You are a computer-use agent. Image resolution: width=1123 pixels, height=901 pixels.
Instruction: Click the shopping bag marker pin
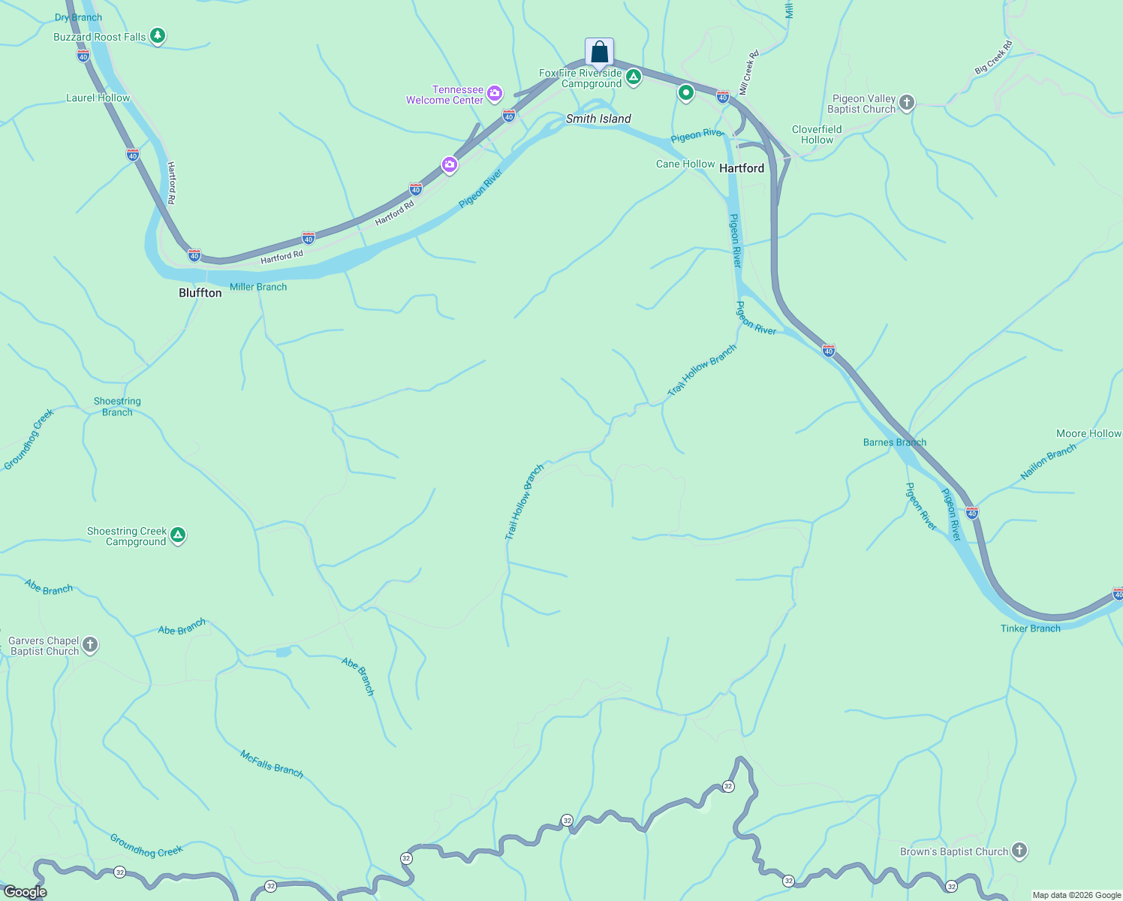coord(599,52)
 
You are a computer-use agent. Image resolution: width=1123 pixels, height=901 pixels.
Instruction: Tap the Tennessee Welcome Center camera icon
coord(495,94)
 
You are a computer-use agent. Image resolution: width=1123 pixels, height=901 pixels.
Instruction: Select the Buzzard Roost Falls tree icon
coord(157,36)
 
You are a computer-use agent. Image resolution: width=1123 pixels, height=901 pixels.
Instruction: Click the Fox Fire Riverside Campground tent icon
coord(634,77)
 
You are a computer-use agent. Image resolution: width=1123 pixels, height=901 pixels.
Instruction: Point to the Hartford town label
coord(741,168)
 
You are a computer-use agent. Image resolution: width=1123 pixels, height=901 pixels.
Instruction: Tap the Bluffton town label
coord(200,293)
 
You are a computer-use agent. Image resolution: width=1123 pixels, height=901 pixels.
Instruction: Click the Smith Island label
coord(598,119)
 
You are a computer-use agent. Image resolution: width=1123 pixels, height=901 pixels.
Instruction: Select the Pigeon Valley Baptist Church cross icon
coord(907,103)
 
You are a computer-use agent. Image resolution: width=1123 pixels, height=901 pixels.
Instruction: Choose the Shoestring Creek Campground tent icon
coord(178,535)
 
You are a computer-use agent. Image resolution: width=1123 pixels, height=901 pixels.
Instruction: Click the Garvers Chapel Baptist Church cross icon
coord(90,645)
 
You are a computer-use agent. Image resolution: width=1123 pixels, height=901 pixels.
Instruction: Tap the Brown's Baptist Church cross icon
coord(1019,851)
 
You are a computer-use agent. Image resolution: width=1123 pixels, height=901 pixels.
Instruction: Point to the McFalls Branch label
coord(272,764)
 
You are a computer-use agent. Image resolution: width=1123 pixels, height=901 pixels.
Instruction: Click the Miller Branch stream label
coord(258,287)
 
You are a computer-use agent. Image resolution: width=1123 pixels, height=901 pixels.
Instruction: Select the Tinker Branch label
coord(1030,628)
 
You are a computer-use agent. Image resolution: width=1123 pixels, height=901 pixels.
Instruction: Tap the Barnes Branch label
coord(894,442)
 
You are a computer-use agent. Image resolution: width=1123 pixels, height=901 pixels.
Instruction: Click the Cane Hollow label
coord(685,164)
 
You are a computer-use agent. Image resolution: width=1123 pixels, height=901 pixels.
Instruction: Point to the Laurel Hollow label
coord(98,98)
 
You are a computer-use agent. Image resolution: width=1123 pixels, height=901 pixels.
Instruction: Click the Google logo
coord(25,892)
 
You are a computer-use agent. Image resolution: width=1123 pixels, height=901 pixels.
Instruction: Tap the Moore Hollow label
coord(1088,433)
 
